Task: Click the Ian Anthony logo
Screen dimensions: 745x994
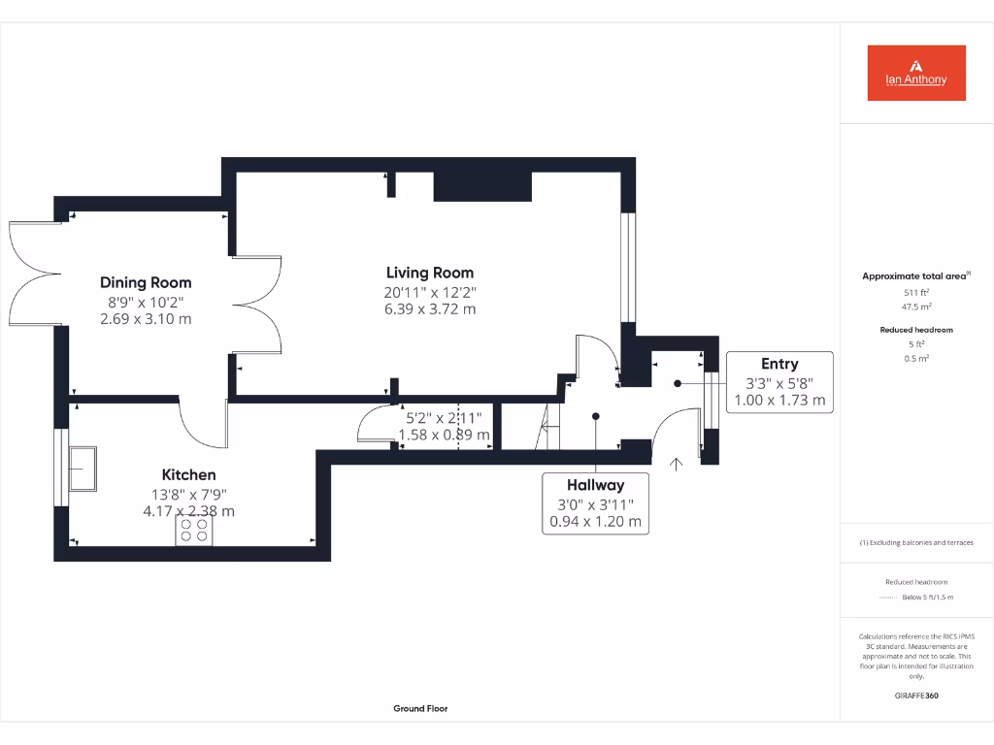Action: coord(916,73)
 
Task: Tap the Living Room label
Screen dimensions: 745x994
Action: coord(430,273)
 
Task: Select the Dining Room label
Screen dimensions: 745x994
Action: coord(146,282)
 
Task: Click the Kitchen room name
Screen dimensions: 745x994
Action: coord(188,474)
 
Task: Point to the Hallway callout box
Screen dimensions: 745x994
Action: coord(596,502)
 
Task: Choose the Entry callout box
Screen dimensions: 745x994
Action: coord(779,381)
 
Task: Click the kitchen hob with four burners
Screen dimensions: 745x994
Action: coord(194,531)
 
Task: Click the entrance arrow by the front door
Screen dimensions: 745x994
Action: coord(677,464)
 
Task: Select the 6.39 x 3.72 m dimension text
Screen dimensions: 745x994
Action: coord(430,309)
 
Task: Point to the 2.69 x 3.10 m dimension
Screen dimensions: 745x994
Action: coord(146,318)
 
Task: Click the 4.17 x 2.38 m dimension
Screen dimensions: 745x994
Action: coord(188,511)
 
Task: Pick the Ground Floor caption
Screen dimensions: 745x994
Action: coord(420,709)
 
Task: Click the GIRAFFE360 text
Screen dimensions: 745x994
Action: coord(916,696)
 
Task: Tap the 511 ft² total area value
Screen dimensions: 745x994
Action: coord(916,292)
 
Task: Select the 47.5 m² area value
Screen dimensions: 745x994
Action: coord(916,306)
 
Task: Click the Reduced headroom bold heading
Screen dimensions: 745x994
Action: coord(916,330)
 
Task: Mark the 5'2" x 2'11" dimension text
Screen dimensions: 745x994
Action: coord(444,418)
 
